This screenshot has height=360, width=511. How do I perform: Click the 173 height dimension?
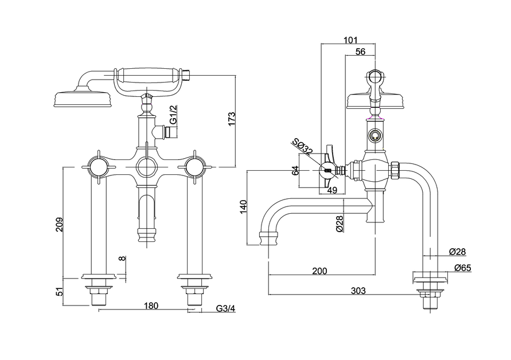click(232, 119)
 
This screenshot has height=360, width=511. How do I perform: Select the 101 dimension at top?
click(349, 40)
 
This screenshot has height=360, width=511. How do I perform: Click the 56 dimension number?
click(360, 52)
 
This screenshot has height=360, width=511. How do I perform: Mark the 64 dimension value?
click(295, 171)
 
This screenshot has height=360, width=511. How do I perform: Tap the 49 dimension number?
click(332, 190)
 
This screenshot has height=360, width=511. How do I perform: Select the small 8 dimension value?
click(121, 259)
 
